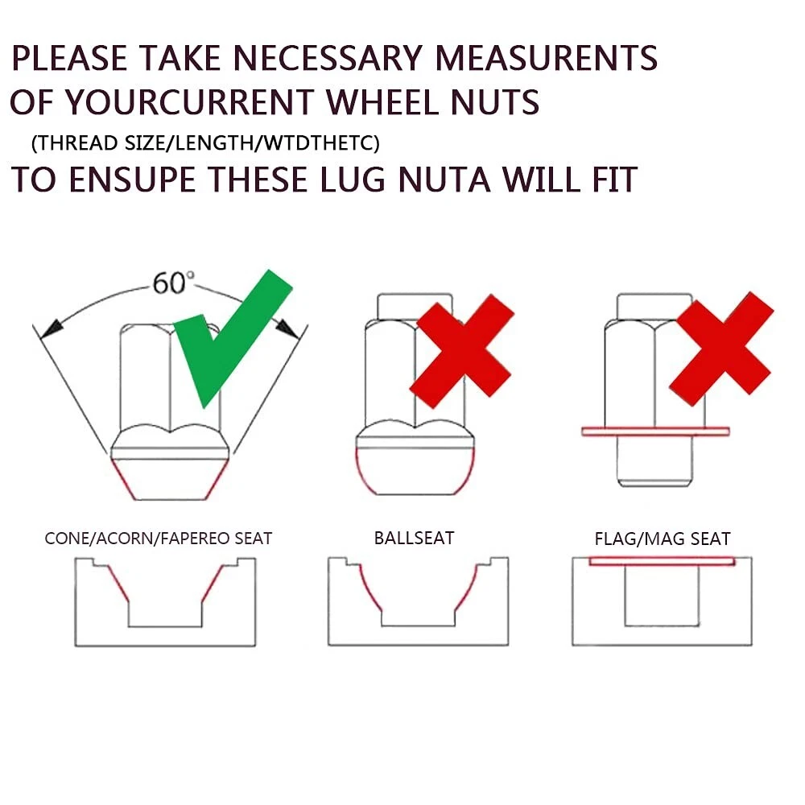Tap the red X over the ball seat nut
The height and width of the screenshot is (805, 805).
[x=462, y=351]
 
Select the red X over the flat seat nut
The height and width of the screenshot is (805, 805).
[x=721, y=349]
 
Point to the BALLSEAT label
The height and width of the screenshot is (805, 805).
[x=415, y=538]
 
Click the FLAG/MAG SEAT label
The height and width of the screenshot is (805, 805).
[x=663, y=539]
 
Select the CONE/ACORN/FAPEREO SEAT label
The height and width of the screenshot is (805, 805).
[x=158, y=538]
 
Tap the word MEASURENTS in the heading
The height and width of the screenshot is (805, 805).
[x=547, y=57]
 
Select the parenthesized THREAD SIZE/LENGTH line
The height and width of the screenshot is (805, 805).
[x=205, y=142]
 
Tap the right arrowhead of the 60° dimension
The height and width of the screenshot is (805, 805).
[x=287, y=328]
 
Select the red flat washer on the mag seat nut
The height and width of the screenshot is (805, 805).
[x=655, y=431]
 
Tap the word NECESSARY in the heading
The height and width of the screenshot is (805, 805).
[x=328, y=57]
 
